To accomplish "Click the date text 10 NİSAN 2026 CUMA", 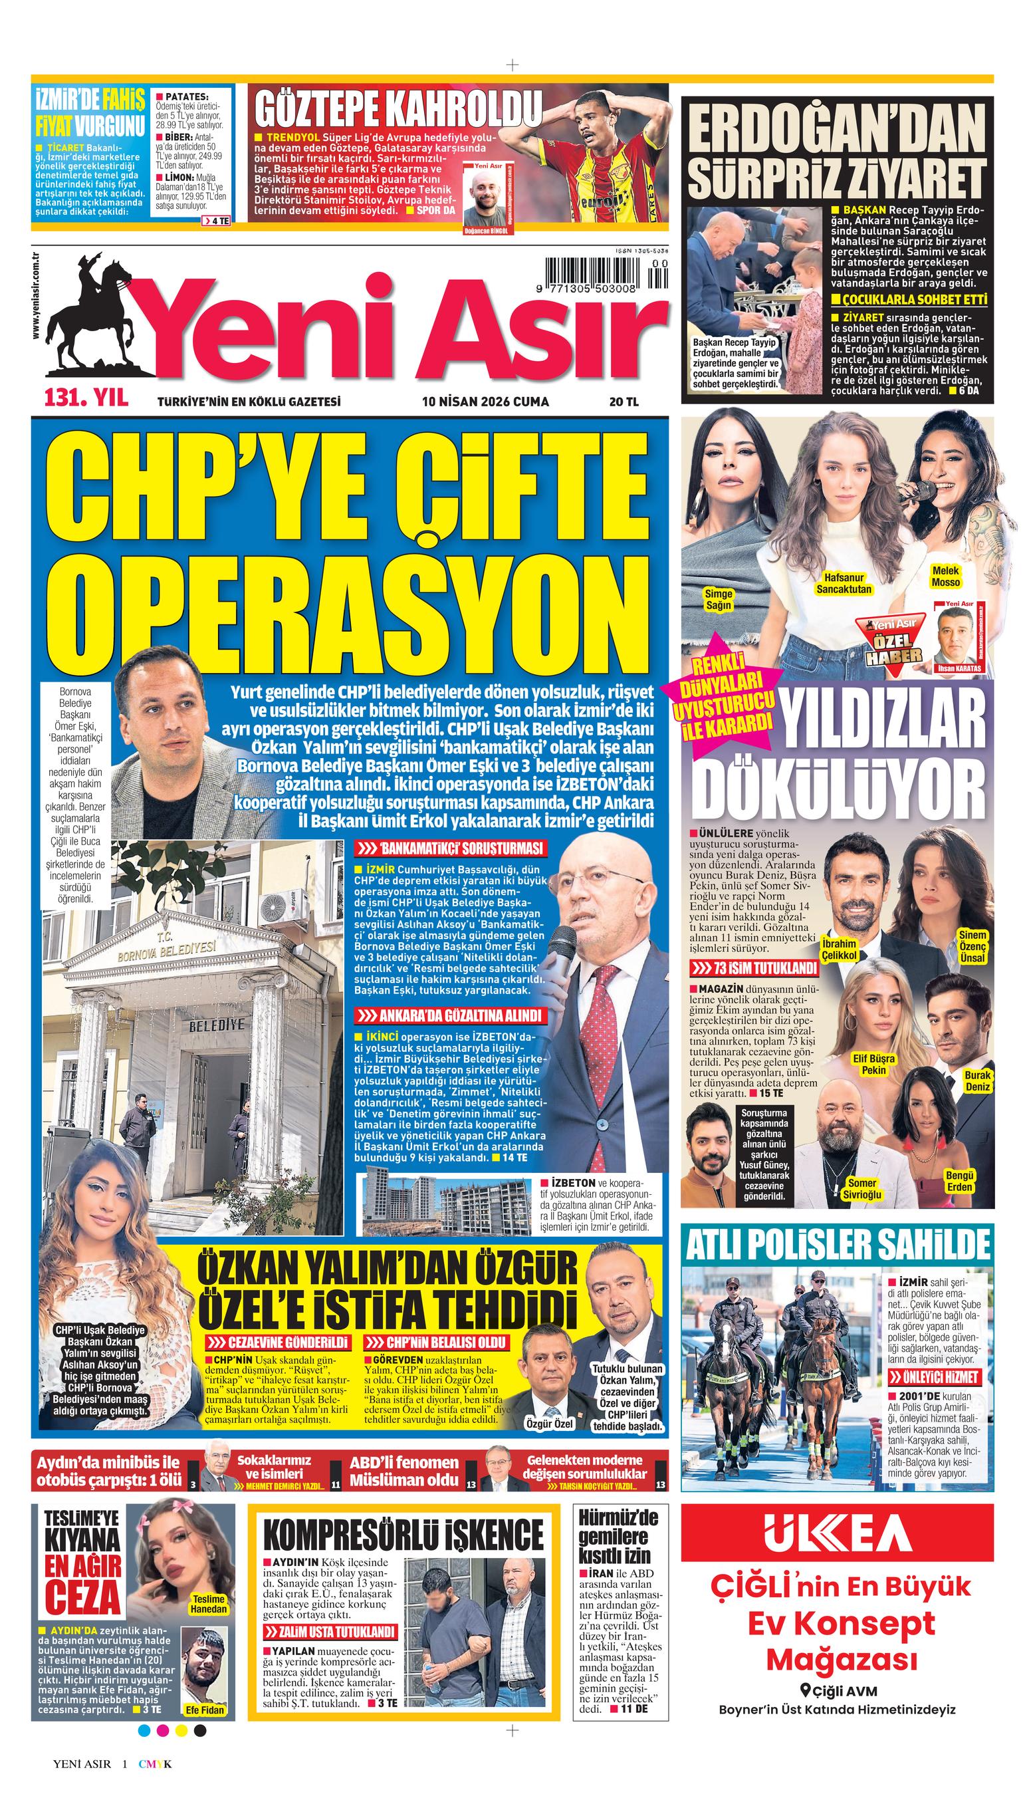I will [485, 402].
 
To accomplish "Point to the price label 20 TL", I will [624, 402].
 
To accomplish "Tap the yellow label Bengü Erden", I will [961, 1181].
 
